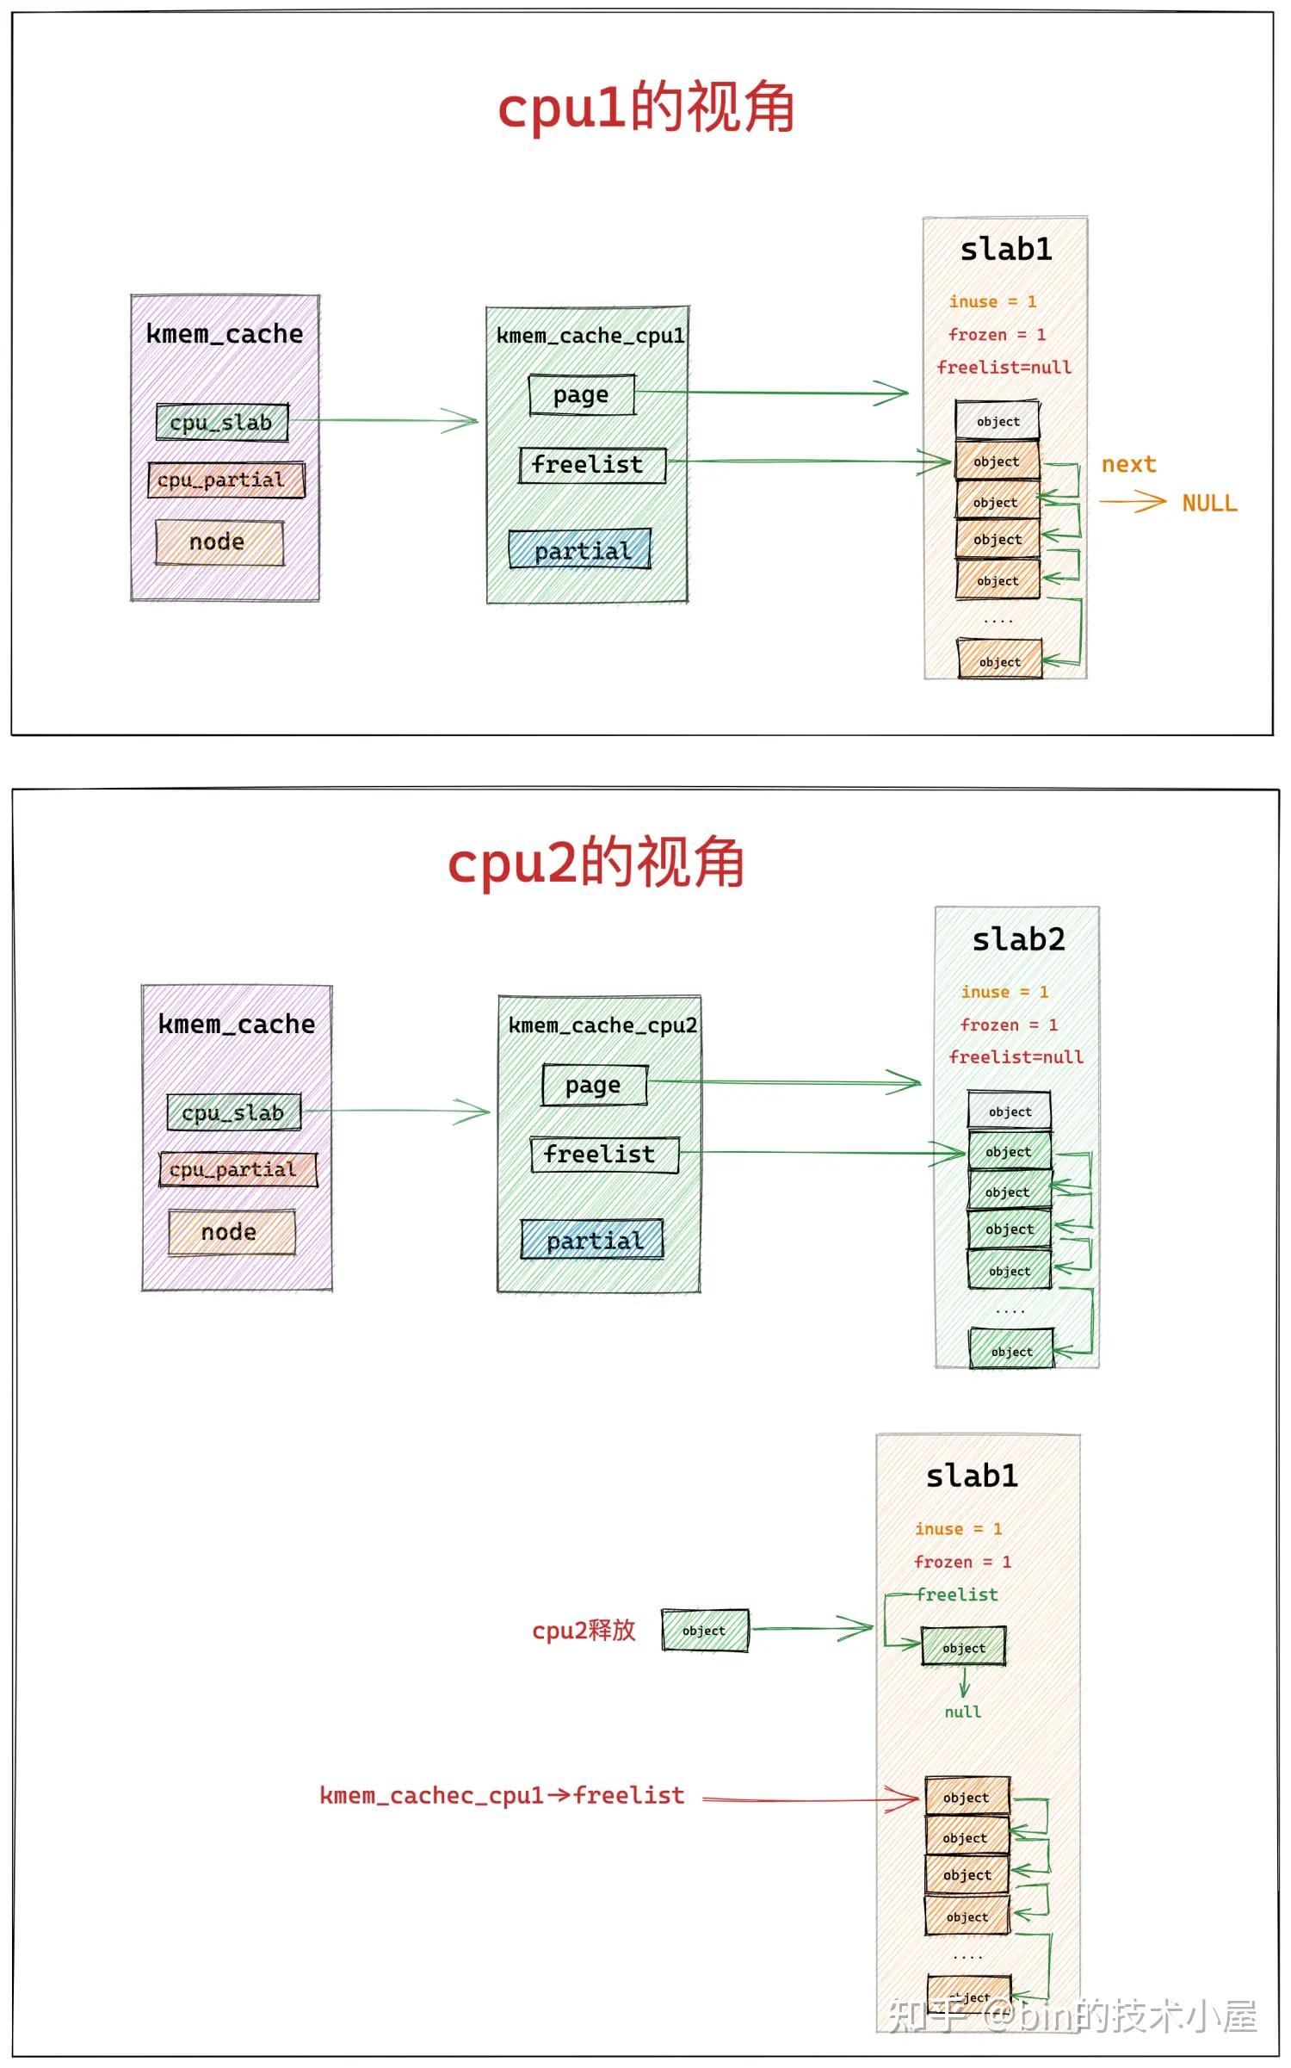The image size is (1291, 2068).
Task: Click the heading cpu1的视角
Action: pyautogui.click(x=645, y=108)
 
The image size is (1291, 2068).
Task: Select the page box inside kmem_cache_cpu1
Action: pyautogui.click(x=582, y=394)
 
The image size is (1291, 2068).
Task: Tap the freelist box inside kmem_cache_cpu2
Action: pyautogui.click(x=604, y=1155)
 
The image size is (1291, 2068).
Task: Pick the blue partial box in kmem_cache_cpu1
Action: pyautogui.click(x=580, y=550)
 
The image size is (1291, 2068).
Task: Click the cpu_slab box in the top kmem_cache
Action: pyautogui.click(x=222, y=423)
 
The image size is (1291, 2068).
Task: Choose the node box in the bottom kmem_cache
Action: pyautogui.click(x=231, y=1232)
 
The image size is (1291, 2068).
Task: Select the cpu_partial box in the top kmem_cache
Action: pyautogui.click(x=225, y=480)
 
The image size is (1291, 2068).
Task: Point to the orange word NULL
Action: pyautogui.click(x=1208, y=503)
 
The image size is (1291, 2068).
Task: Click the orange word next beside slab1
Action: pyautogui.click(x=1128, y=464)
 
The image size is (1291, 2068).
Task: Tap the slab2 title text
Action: pyautogui.click(x=1018, y=939)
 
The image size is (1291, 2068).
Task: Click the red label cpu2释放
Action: pyautogui.click(x=584, y=1630)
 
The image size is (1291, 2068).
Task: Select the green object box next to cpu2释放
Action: pyautogui.click(x=705, y=1630)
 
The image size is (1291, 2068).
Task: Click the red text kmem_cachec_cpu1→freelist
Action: pyautogui.click(x=502, y=1795)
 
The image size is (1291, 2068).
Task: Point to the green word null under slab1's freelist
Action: pyautogui.click(x=962, y=1712)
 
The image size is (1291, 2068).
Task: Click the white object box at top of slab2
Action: pyautogui.click(x=1010, y=1111)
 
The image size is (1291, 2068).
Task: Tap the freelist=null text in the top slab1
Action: pyautogui.click(x=1004, y=368)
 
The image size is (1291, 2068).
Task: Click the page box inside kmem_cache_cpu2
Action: pyautogui.click(x=594, y=1085)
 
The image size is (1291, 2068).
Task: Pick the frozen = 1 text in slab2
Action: pyautogui.click(x=1008, y=1025)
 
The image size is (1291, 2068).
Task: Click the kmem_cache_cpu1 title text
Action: pyautogui.click(x=590, y=336)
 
